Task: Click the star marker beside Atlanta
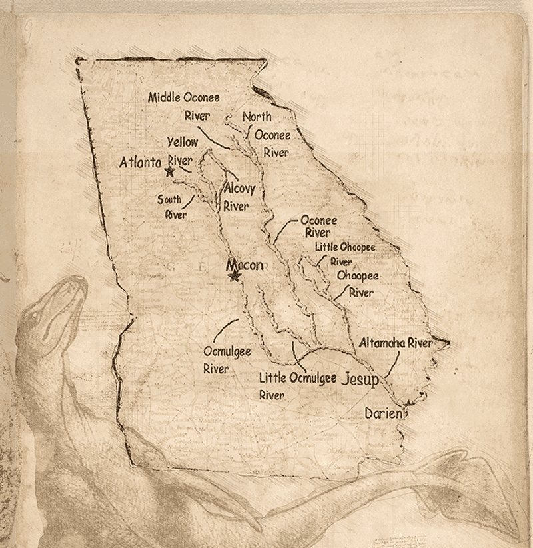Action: [169, 171]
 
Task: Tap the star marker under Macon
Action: [234, 276]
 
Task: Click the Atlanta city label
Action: [140, 162]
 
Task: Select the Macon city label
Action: [245, 265]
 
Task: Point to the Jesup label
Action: [360, 380]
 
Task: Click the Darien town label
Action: [383, 414]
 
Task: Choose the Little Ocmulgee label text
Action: [297, 378]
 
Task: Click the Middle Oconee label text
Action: [183, 97]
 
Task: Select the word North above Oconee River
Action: [257, 117]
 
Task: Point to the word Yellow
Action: [182, 142]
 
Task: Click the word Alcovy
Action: [239, 189]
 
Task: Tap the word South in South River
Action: [169, 199]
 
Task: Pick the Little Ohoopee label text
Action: [345, 247]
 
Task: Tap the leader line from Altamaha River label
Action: [393, 367]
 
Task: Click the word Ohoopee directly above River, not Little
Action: [358, 275]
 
